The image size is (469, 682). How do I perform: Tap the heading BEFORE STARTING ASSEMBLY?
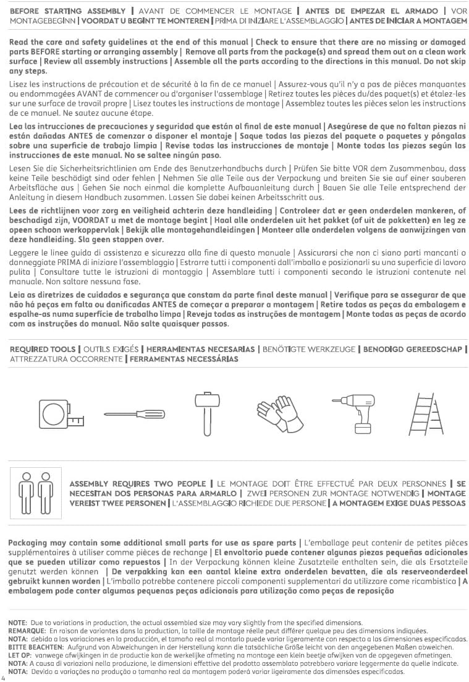69,12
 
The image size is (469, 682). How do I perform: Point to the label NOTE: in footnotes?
17,622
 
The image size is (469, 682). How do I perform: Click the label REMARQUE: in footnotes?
25,630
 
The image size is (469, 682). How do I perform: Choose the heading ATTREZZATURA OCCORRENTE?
66,359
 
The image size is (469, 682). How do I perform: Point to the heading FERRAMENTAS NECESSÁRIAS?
184,359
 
